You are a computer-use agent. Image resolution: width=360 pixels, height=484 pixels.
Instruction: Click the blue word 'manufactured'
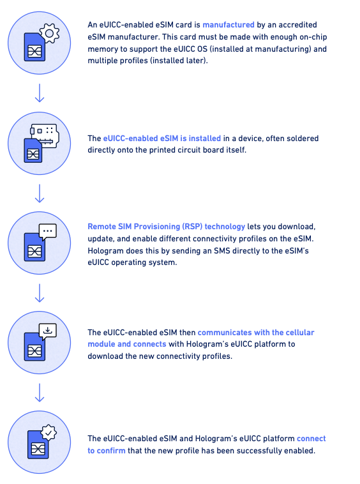tap(229, 25)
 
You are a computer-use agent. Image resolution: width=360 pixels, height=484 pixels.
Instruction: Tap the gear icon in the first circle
tap(50, 33)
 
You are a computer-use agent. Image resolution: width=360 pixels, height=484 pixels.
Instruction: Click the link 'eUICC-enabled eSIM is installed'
tap(162, 139)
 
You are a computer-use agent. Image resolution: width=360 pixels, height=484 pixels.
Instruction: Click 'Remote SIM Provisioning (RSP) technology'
tap(166, 227)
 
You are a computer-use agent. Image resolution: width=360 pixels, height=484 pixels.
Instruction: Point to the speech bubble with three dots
tap(48, 232)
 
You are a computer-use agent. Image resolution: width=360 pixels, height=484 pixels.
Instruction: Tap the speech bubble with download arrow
tap(48, 331)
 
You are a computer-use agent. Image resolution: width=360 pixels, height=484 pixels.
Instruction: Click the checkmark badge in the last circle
tap(49, 433)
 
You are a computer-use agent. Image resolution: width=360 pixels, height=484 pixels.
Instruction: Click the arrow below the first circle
tap(40, 93)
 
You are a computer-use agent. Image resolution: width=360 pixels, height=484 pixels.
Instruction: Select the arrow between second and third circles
tap(40, 193)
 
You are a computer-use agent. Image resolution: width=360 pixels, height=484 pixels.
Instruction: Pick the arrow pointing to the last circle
tap(40, 393)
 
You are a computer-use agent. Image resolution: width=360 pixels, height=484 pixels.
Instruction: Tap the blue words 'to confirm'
tap(107, 451)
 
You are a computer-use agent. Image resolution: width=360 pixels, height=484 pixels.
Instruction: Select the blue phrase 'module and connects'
tap(127, 344)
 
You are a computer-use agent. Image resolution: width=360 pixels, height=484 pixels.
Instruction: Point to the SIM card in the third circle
tap(35, 249)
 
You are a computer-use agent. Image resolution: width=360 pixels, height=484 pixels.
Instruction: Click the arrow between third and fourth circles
tap(40, 293)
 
